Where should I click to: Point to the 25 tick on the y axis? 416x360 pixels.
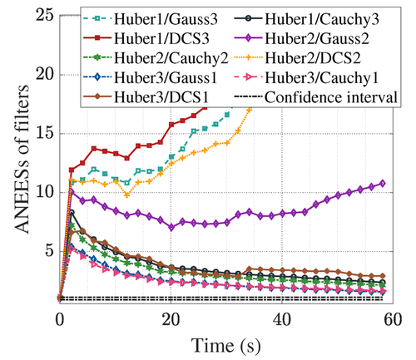click(44, 16)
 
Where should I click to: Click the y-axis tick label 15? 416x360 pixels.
click(44, 134)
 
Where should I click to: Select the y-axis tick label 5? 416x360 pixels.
click(49, 251)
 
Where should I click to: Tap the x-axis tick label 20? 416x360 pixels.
click(171, 319)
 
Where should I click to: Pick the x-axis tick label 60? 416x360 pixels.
click(393, 319)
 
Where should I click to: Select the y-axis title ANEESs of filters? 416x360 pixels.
click(22, 159)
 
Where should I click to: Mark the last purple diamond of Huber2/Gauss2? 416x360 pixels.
click(382, 183)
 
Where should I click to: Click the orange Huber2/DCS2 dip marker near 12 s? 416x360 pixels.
click(126, 195)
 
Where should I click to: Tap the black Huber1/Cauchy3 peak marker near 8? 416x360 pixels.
click(72, 213)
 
